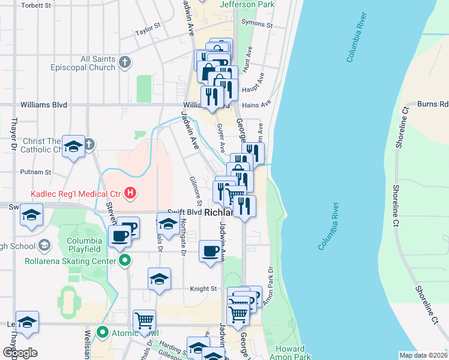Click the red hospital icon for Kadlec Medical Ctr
[130, 193]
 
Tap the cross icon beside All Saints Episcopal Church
[124, 62]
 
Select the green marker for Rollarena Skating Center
[124, 260]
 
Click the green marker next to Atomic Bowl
[103, 332]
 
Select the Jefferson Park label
[247, 5]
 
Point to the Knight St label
[203, 289]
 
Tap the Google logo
[19, 353]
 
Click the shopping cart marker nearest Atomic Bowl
[144, 322]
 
